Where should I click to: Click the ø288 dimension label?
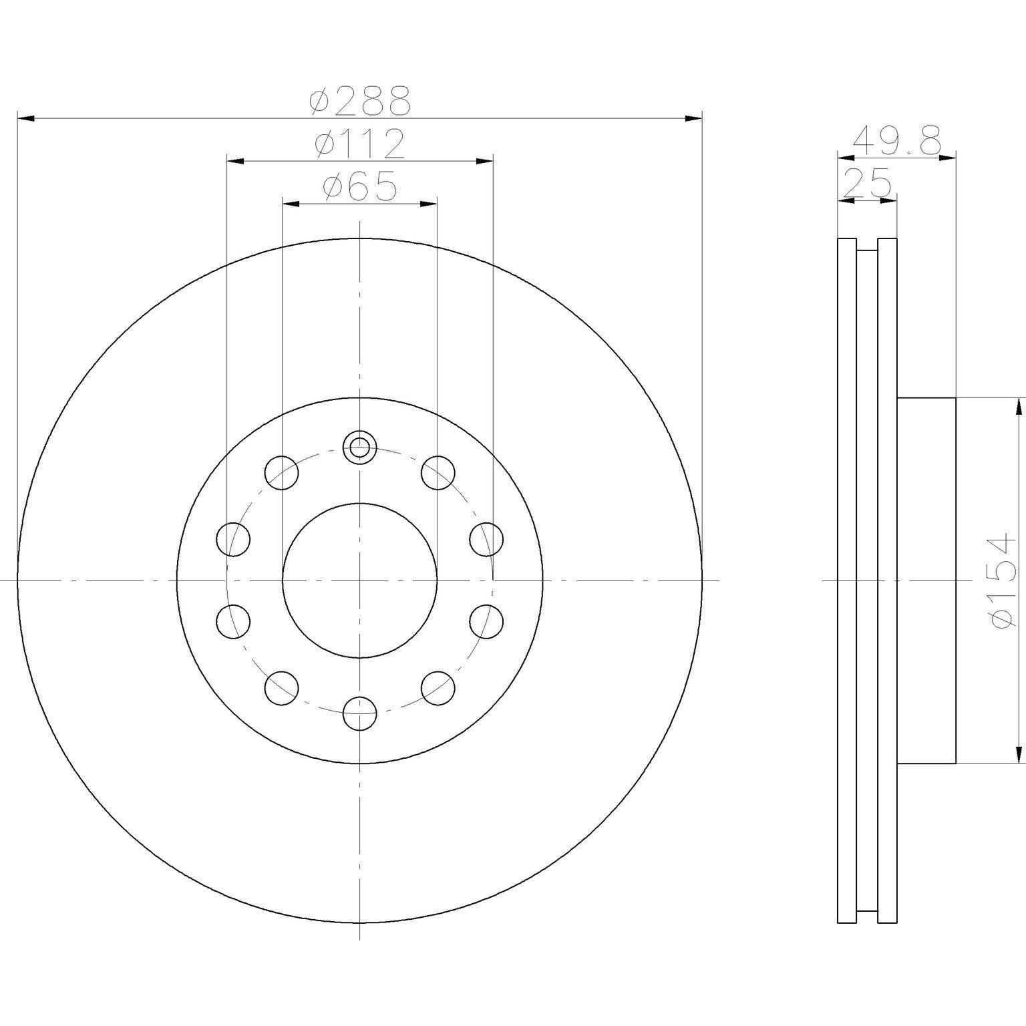point(359,102)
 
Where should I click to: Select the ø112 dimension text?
point(359,145)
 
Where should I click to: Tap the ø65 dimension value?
point(359,188)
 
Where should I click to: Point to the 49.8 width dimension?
point(897,141)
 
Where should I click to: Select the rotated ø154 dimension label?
point(1004,580)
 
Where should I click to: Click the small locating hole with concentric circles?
point(359,446)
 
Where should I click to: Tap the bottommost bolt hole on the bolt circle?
point(359,713)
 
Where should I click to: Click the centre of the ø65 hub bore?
point(359,580)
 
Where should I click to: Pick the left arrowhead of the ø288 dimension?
point(25,119)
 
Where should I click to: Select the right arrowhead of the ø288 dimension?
point(694,119)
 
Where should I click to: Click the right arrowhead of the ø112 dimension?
point(484,161)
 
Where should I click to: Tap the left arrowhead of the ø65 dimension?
point(291,204)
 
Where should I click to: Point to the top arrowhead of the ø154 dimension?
point(1019,406)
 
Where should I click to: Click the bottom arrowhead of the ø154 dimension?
point(1019,755)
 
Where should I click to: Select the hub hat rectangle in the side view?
point(926,580)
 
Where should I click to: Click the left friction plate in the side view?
point(846,580)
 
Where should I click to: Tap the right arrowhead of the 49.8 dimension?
point(948,158)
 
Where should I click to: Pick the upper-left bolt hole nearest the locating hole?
point(281,473)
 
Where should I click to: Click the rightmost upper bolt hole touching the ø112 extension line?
point(486,539)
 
